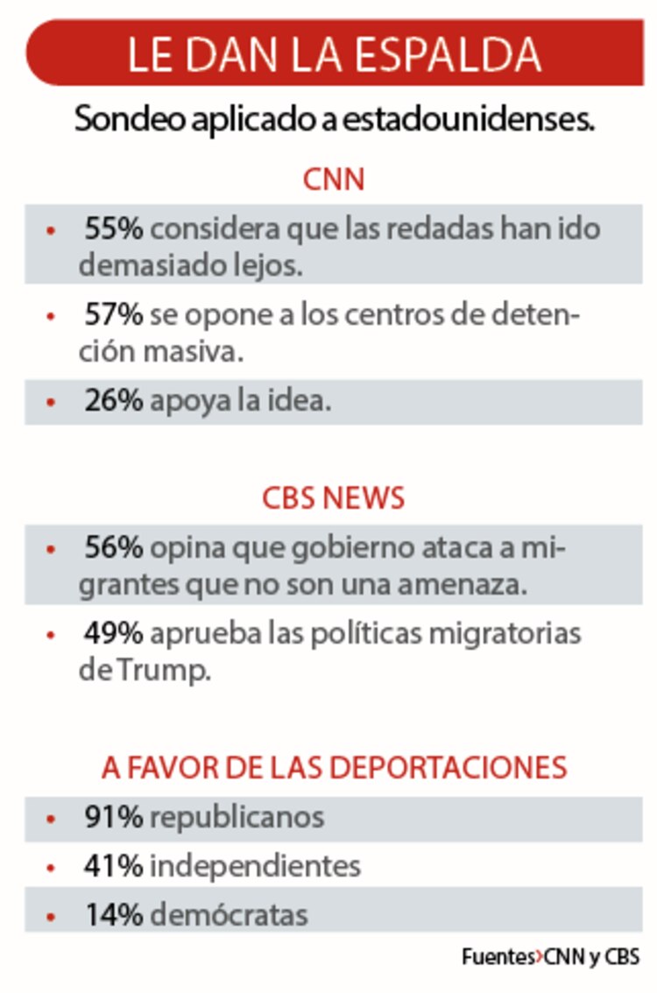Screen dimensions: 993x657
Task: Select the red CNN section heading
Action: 333,180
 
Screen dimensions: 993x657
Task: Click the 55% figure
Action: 113,229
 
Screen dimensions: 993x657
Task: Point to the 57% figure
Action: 113,314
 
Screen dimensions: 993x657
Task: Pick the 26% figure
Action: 113,401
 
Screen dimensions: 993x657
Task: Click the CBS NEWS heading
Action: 333,498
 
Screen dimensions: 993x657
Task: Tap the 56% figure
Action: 113,548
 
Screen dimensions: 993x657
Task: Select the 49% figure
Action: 113,633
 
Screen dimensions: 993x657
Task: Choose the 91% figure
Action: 113,817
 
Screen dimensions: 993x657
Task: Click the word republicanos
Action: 237,817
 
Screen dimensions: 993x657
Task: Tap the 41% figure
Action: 113,866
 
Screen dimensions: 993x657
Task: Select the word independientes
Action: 255,866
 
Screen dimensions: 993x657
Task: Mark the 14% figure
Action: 113,915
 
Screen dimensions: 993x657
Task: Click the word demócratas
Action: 229,915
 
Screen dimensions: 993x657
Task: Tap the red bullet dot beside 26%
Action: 51,403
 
